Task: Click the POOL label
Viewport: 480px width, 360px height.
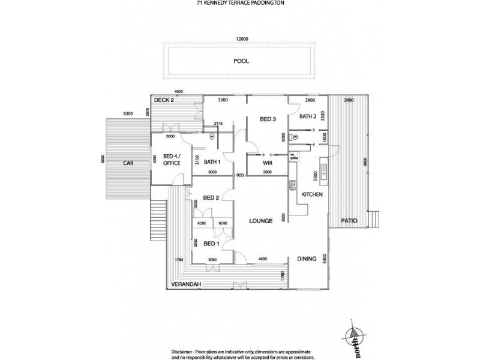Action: (x=241, y=61)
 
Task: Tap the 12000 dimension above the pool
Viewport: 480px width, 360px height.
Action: (x=241, y=39)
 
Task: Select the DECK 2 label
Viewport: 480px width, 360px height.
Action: (x=163, y=100)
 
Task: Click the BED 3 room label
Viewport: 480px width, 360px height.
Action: (x=268, y=119)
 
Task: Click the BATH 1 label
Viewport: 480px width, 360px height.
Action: (x=213, y=161)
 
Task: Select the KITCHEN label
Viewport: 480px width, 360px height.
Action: (x=313, y=195)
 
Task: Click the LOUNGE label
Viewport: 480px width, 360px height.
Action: (x=261, y=221)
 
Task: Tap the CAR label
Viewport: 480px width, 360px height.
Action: (x=127, y=163)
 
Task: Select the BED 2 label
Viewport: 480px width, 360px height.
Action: (x=210, y=197)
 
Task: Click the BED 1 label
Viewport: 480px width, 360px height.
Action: (x=211, y=244)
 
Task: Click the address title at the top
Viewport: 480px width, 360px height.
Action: (x=240, y=4)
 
